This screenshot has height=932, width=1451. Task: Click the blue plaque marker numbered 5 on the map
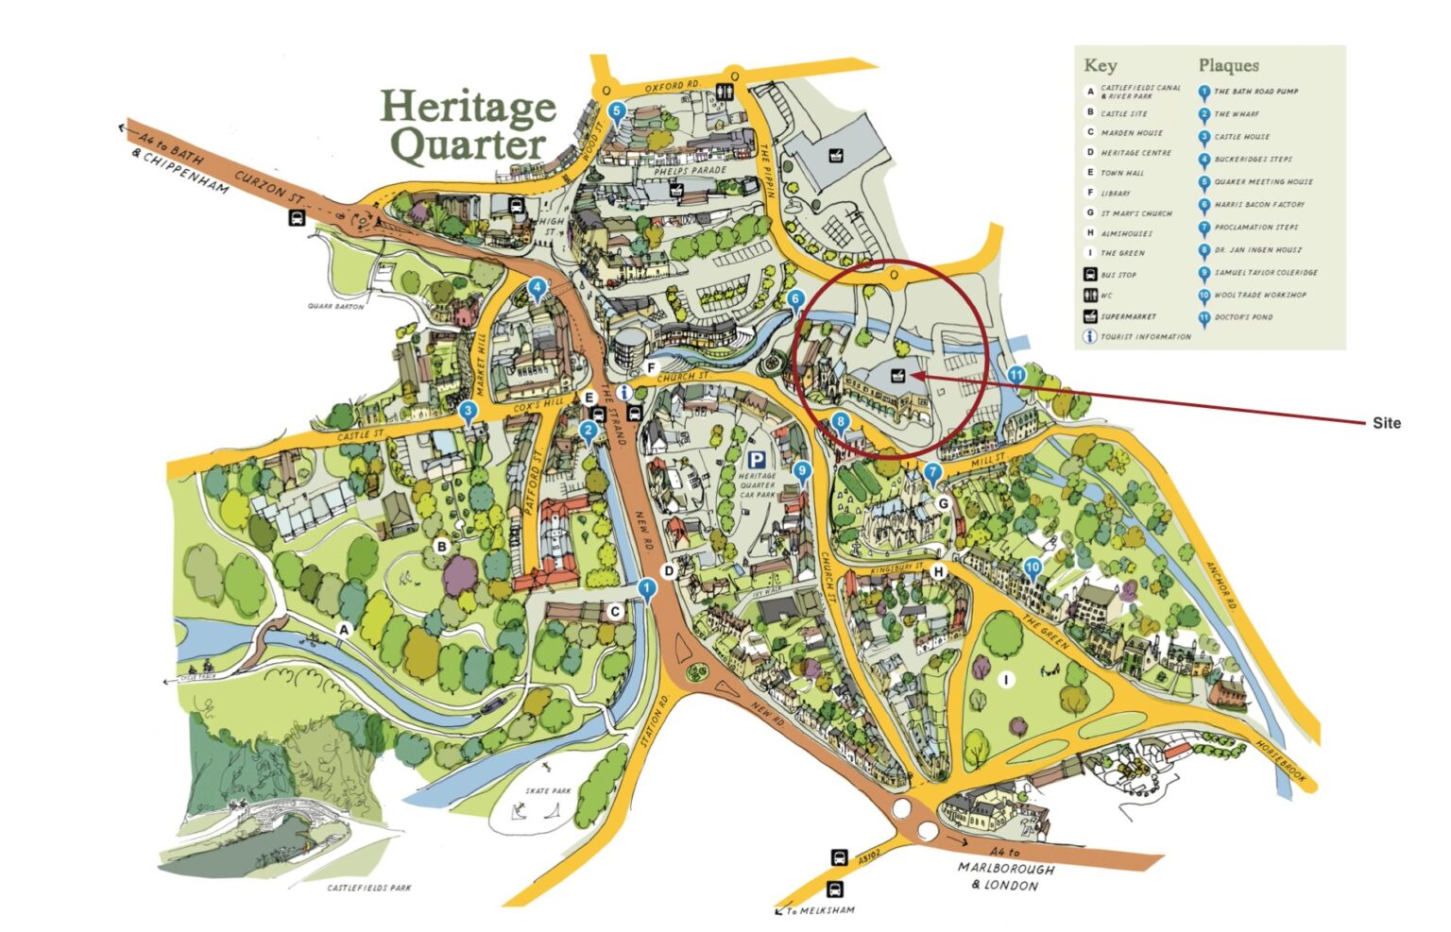click(x=617, y=111)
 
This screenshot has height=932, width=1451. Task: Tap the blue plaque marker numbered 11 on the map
click(x=1016, y=376)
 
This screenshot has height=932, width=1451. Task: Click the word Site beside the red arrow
click(x=1386, y=423)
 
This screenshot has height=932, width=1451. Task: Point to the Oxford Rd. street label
click(x=673, y=87)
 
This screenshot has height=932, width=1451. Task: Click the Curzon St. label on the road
click(x=269, y=187)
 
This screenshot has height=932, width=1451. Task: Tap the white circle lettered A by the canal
click(x=344, y=629)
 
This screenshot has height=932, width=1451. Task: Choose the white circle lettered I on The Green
click(x=1007, y=680)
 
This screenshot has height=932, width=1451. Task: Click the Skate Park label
click(x=549, y=790)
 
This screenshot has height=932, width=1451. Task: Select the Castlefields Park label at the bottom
click(x=369, y=888)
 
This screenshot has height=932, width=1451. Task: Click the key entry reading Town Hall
click(x=1122, y=173)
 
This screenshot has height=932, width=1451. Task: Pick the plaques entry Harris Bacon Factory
click(x=1259, y=205)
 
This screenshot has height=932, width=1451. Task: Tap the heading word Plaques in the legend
click(x=1228, y=65)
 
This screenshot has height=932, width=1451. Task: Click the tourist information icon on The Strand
click(x=623, y=392)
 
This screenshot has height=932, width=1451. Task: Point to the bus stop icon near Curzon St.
click(x=297, y=219)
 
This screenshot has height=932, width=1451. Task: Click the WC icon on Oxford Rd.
click(x=725, y=92)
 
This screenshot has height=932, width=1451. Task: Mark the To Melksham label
click(x=818, y=910)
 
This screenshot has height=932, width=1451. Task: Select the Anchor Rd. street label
click(x=1220, y=585)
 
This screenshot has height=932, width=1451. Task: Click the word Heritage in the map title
click(x=468, y=108)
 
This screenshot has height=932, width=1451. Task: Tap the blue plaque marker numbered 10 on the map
click(x=1033, y=568)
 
